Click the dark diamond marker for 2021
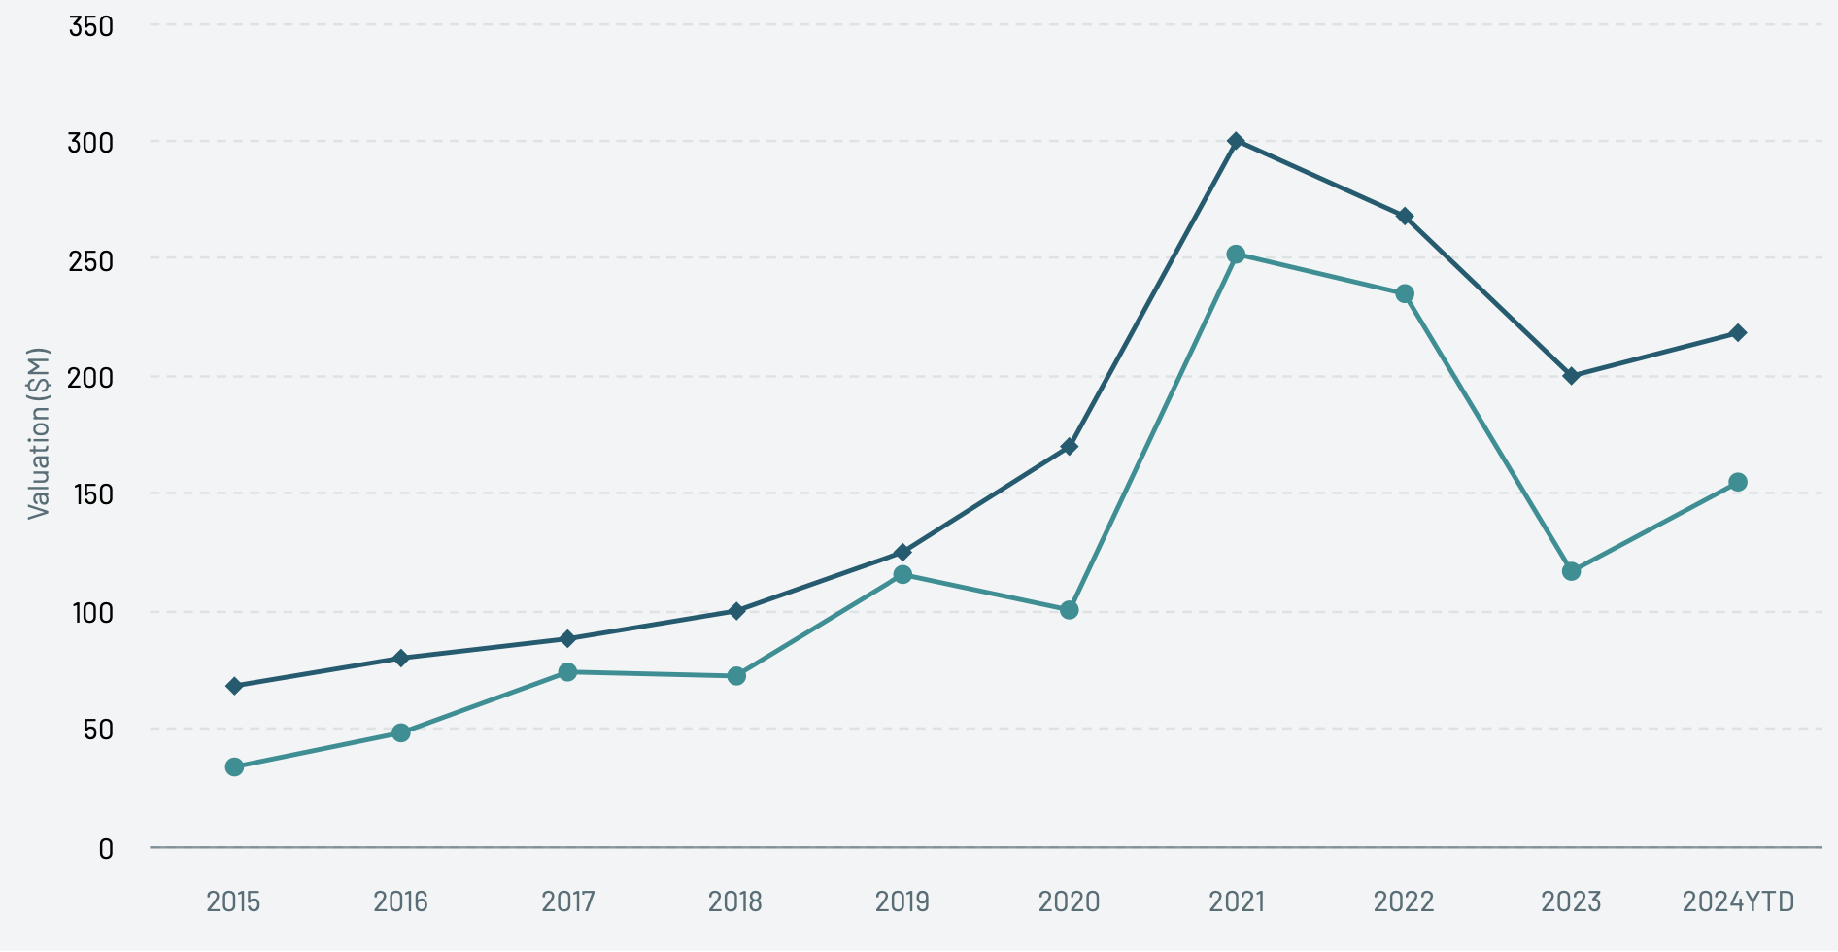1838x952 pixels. [x=1236, y=141]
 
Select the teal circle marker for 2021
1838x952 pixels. [x=1236, y=255]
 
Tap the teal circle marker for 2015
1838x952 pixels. [x=234, y=767]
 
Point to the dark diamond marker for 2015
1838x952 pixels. [x=234, y=686]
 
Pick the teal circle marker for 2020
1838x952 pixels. [x=1069, y=610]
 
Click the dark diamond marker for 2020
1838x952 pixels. [x=1069, y=447]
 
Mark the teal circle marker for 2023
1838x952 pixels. [x=1571, y=571]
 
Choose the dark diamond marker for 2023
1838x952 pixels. [x=1571, y=376]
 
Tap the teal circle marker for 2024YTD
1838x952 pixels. [x=1738, y=482]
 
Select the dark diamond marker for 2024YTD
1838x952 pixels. [x=1738, y=333]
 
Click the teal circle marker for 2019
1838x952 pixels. [x=902, y=575]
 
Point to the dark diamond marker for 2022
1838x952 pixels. [x=1405, y=216]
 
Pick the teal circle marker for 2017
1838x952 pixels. [x=567, y=672]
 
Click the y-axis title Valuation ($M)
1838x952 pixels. [x=38, y=433]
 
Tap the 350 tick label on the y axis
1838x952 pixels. [x=90, y=26]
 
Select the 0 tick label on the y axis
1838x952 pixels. [x=106, y=849]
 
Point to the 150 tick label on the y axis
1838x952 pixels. [x=93, y=494]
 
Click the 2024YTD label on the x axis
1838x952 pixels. [x=1738, y=902]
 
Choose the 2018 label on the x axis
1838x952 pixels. [x=735, y=902]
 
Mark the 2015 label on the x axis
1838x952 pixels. [x=233, y=902]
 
